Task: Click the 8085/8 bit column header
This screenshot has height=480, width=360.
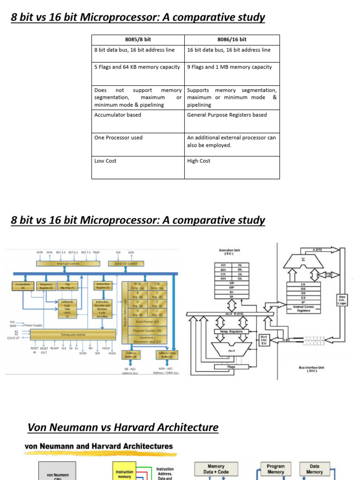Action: coord(138,40)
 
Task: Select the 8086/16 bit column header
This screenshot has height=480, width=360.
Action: coord(232,40)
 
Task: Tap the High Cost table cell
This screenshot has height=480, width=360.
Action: coord(199,161)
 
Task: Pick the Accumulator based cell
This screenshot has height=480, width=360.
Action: coord(118,115)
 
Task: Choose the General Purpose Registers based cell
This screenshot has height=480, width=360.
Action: coord(227,115)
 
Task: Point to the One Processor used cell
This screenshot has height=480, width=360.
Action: coord(118,138)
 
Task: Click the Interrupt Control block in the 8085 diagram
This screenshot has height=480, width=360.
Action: coord(68,264)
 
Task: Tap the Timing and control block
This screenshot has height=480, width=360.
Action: coord(73,335)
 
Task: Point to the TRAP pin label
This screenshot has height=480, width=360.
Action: coord(97,252)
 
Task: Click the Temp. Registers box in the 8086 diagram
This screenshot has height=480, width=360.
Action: coord(230,331)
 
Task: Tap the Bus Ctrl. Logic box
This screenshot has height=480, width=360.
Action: coord(342,300)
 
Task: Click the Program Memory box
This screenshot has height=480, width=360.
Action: coord(276,469)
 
